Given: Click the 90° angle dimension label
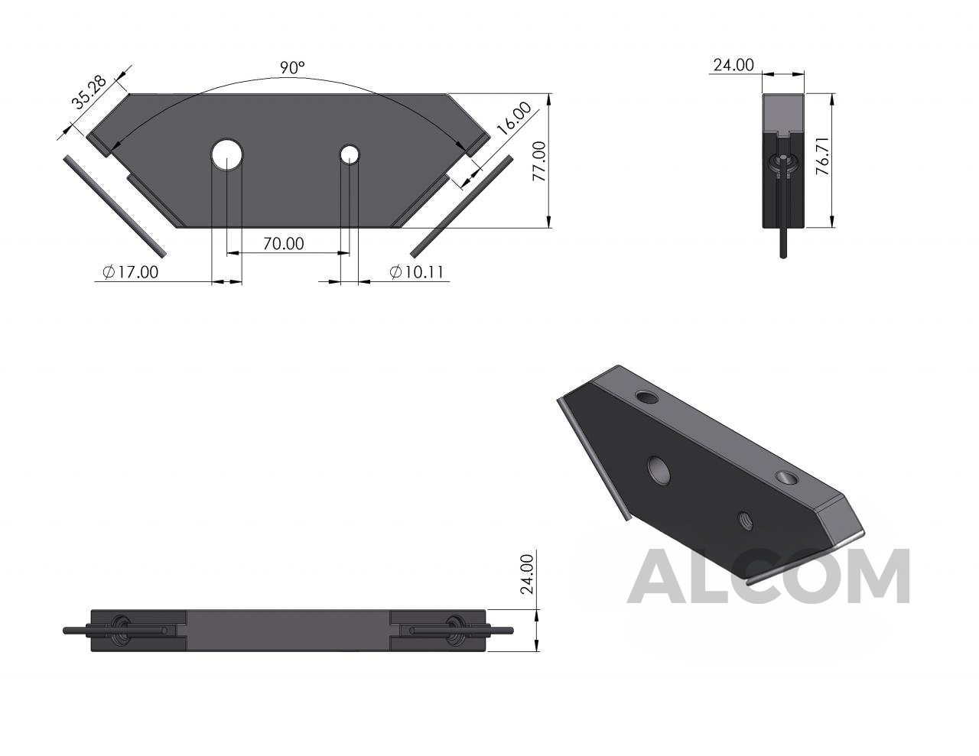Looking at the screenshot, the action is coord(292,67).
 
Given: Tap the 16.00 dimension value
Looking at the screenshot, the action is coord(515,118).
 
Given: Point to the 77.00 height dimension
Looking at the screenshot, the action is coord(539,161).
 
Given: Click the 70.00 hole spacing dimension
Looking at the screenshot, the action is coord(284,244).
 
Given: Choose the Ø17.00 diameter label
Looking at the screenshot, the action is coord(131,272).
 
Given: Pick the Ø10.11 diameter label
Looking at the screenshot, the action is coord(417,272).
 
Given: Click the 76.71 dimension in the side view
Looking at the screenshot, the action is coord(822,156).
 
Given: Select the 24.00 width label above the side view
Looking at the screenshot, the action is coord(733,65).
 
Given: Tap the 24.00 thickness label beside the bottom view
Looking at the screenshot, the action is coord(527,574).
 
